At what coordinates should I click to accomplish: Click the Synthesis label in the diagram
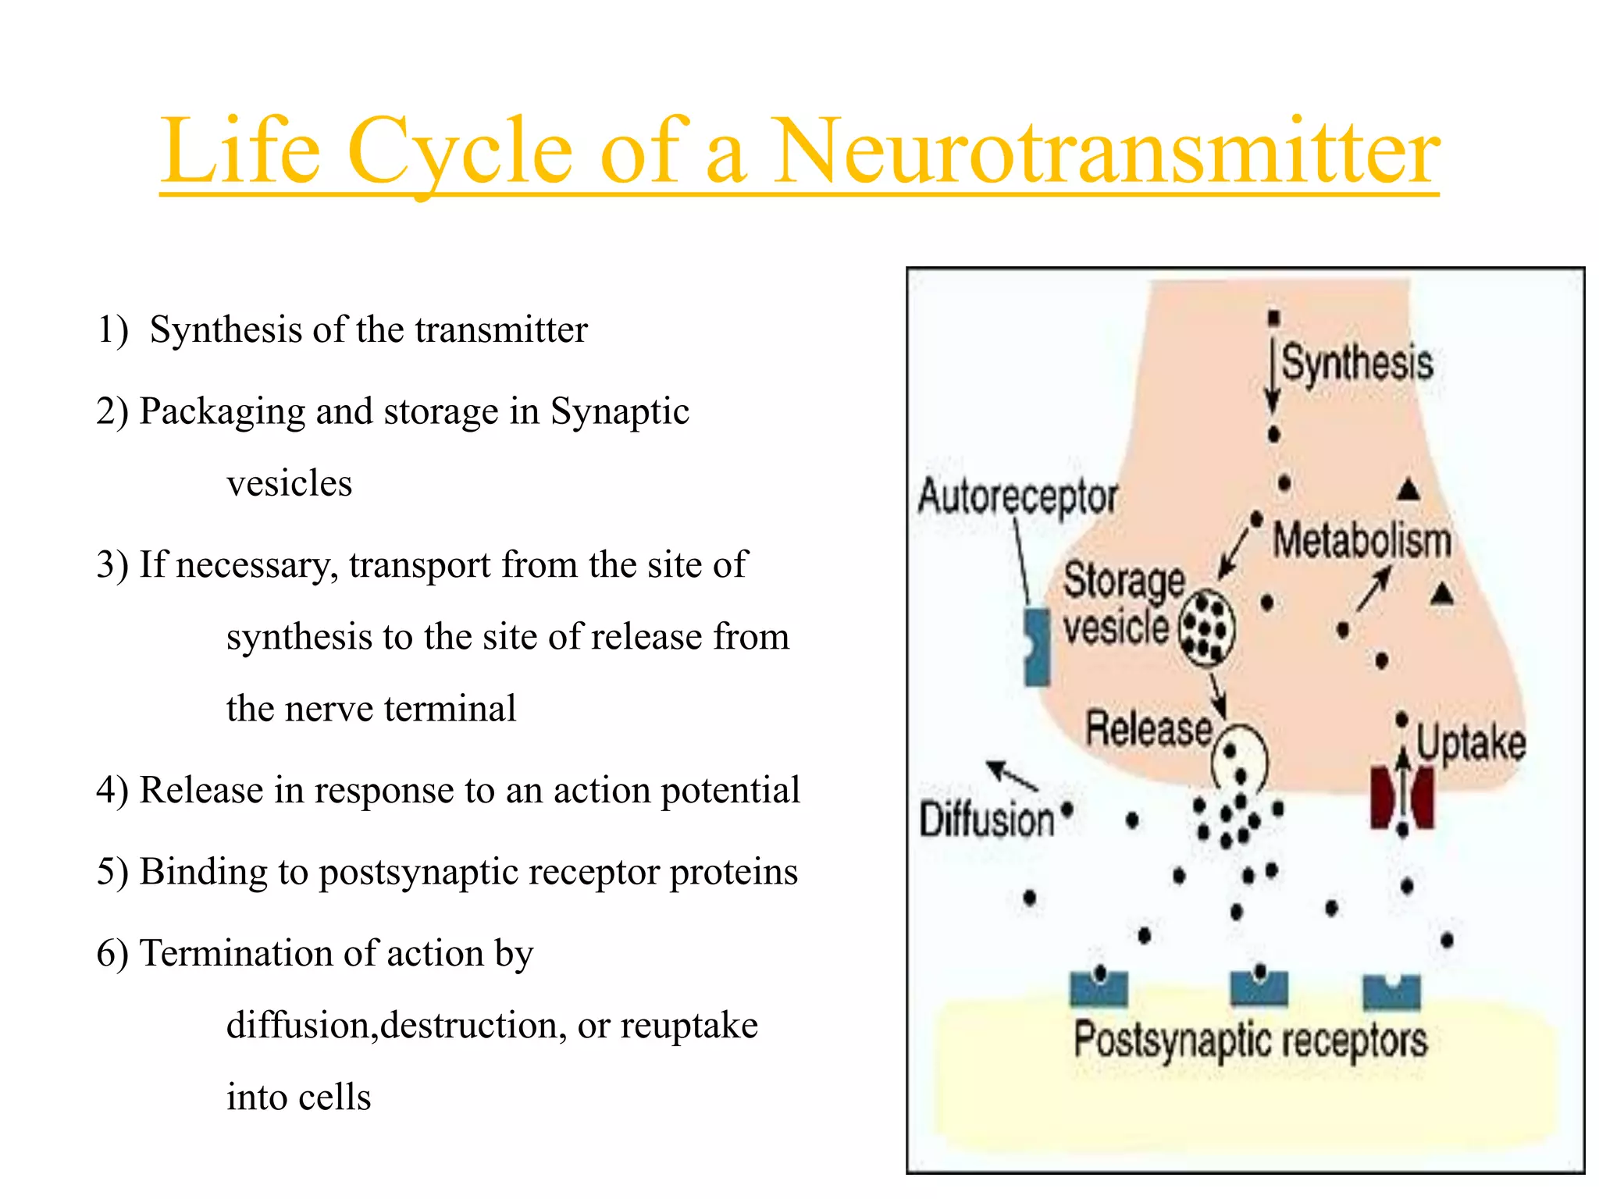tap(1357, 363)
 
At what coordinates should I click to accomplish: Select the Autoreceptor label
tap(1017, 497)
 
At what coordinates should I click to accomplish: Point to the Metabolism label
tap(1362, 540)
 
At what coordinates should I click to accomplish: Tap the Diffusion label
tap(987, 820)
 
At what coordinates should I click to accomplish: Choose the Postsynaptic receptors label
tap(1250, 1041)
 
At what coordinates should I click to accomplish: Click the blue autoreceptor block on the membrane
tap(1037, 648)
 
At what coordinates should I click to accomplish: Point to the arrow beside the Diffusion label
tap(1012, 775)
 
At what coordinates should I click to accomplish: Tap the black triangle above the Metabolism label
tap(1408, 490)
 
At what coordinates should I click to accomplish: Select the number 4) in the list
tap(112, 790)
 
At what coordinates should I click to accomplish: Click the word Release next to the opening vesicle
tap(1149, 728)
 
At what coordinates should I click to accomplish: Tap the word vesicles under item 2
tap(289, 483)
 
